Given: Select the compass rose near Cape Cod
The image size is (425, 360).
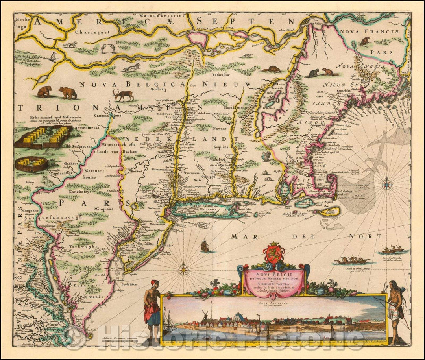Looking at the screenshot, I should click(387, 182).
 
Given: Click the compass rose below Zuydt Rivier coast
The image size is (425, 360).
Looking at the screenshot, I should click(183, 270).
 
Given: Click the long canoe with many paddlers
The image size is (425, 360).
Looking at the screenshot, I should click(352, 260).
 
